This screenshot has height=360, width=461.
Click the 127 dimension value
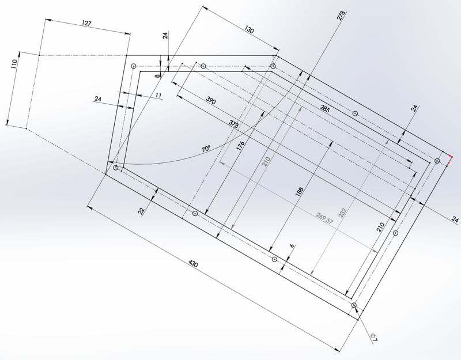coord(87,24)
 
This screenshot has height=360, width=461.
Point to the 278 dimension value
coord(341,16)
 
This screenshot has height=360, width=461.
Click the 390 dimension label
coord(211,101)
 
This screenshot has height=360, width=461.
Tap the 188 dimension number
coord(299,192)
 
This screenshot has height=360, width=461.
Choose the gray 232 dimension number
coord(343,213)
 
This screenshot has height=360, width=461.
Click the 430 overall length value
coord(194,264)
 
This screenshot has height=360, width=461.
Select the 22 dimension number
coord(142,211)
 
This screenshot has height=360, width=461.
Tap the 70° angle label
coord(206,149)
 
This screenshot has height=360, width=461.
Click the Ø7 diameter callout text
coord(373,338)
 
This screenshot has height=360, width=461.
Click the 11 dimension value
coord(158,94)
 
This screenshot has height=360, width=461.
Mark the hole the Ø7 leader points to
coord(354,305)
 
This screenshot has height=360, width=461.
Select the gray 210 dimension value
coord(266,163)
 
